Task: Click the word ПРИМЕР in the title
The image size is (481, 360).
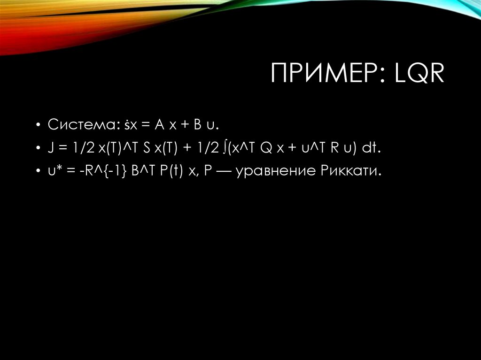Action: click(324, 75)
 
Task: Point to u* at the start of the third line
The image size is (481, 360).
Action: click(52, 171)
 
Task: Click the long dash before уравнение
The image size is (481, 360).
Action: click(223, 172)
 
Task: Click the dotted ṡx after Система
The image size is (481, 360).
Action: click(130, 125)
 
